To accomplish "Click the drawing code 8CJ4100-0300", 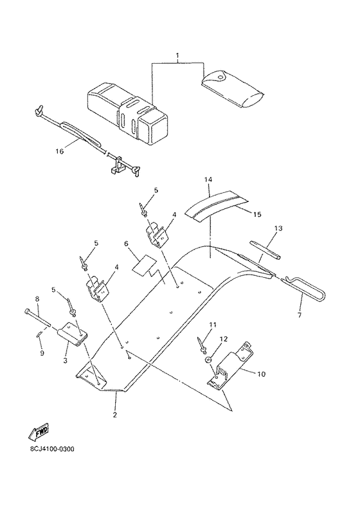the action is pyautogui.click(x=52, y=449).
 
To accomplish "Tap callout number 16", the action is pyautogui.click(x=60, y=151).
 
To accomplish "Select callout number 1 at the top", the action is pyautogui.click(x=177, y=55).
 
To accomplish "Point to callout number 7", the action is pyautogui.click(x=299, y=314).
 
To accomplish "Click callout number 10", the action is pyautogui.click(x=261, y=374).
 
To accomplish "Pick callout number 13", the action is pyautogui.click(x=278, y=228).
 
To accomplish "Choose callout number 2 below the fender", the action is pyautogui.click(x=115, y=415).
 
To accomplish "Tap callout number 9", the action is pyautogui.click(x=42, y=353).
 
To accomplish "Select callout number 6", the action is pyautogui.click(x=126, y=243).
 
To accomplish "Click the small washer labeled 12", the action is pyautogui.click(x=208, y=360).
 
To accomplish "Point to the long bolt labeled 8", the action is pyautogui.click(x=37, y=317).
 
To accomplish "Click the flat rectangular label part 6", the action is pyautogui.click(x=144, y=264).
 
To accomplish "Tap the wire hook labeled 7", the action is pyautogui.click(x=304, y=287).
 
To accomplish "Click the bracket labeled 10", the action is pyautogui.click(x=231, y=365).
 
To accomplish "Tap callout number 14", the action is pyautogui.click(x=208, y=179).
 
